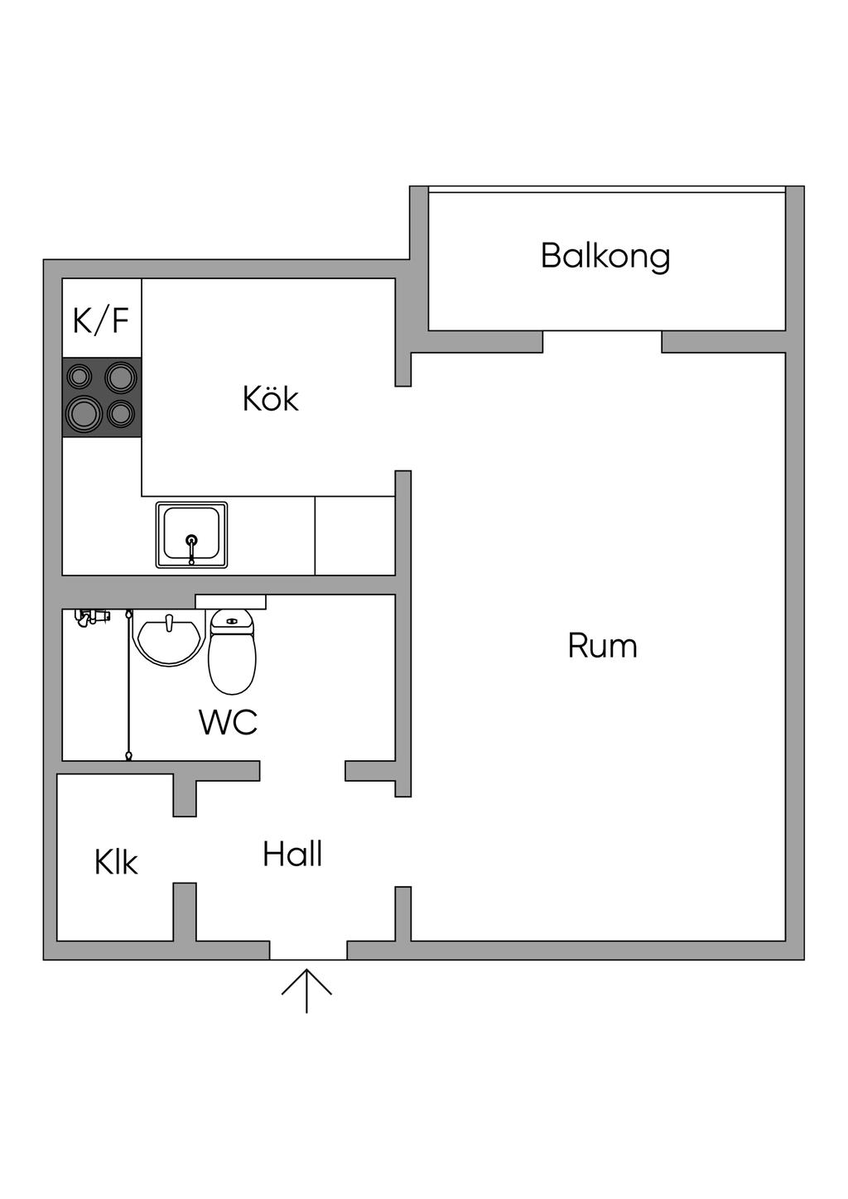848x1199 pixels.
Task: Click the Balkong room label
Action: click(605, 256)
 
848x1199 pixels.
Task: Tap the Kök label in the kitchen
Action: click(270, 399)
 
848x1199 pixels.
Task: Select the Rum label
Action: click(602, 646)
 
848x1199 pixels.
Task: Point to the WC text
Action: click(229, 722)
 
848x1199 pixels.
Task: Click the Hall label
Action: click(292, 855)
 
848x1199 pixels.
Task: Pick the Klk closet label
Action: click(116, 863)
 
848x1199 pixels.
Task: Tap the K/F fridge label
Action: click(101, 320)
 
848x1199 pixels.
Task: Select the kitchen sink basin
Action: click(192, 533)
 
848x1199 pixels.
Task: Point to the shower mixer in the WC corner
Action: click(93, 617)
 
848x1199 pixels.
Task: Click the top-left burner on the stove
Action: click(79, 377)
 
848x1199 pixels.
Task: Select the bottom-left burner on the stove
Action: click(84, 412)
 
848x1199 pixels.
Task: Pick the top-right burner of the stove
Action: click(121, 377)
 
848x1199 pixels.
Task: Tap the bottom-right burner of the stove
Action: click(122, 412)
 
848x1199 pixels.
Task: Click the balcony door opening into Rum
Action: click(602, 342)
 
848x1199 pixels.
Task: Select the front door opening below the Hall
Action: click(308, 951)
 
